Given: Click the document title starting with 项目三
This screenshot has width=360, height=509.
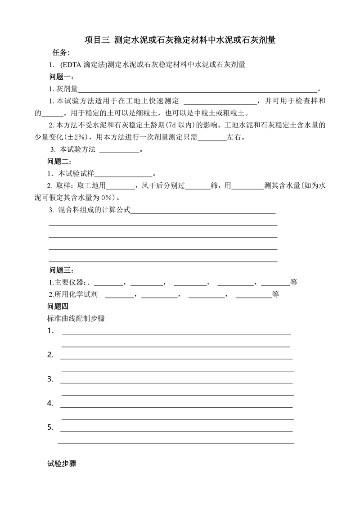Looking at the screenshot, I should (180, 40).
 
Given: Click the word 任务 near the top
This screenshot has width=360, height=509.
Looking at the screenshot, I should (61, 53).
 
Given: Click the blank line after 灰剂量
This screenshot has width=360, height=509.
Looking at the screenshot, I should (198, 89).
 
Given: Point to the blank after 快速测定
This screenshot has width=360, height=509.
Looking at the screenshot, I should (220, 101).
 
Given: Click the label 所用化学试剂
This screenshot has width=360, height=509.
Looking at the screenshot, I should (76, 295).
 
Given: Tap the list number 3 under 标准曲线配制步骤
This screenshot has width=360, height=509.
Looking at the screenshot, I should (50, 379).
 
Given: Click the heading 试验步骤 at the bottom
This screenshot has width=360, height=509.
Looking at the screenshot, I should (62, 464).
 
